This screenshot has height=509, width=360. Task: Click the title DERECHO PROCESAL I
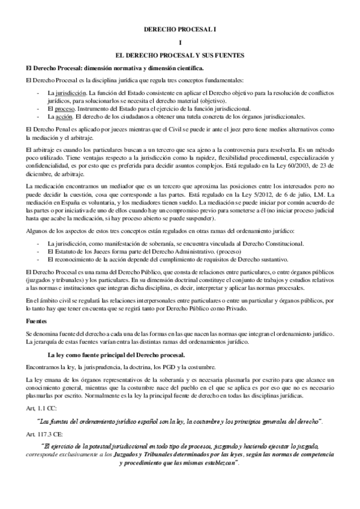point(180,28)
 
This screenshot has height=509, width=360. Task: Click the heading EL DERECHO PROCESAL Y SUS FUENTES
point(180,55)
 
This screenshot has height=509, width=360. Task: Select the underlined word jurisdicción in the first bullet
point(65,94)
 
